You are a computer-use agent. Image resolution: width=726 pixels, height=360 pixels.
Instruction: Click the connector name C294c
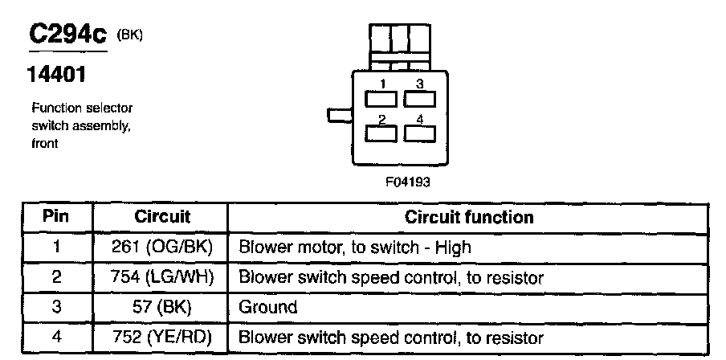pyautogui.click(x=68, y=35)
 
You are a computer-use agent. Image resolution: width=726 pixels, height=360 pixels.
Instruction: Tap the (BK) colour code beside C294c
pyautogui.click(x=129, y=35)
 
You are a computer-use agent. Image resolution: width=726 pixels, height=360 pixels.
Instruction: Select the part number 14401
pyautogui.click(x=56, y=74)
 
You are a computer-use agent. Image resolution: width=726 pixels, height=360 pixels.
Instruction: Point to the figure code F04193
pyautogui.click(x=408, y=181)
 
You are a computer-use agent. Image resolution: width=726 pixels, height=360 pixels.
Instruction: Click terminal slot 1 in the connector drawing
pyautogui.click(x=381, y=99)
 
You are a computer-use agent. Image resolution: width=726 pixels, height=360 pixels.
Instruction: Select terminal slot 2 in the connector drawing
pyautogui.click(x=381, y=134)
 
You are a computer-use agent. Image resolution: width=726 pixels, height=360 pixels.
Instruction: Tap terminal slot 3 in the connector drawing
pyautogui.click(x=419, y=99)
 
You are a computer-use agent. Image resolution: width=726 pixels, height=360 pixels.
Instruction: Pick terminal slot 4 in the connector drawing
pyautogui.click(x=419, y=134)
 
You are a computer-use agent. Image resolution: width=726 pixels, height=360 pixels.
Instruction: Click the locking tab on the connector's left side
pyautogui.click(x=340, y=115)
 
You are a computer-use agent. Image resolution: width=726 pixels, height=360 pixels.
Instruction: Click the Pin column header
pyautogui.click(x=55, y=216)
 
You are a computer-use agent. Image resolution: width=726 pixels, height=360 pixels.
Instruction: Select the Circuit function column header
pyautogui.click(x=469, y=217)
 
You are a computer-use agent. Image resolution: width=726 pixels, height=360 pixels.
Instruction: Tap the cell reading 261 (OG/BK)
pyautogui.click(x=162, y=247)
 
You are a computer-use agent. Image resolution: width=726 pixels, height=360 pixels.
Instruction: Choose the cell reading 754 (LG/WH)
pyautogui.click(x=162, y=277)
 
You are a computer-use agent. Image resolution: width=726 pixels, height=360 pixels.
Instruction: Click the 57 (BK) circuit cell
pyautogui.click(x=162, y=307)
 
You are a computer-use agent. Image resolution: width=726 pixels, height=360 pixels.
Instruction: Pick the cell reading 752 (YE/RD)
pyautogui.click(x=162, y=337)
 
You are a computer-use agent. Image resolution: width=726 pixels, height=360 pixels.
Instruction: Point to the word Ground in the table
pyautogui.click(x=267, y=307)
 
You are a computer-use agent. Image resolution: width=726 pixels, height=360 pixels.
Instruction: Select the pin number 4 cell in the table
pyautogui.click(x=56, y=337)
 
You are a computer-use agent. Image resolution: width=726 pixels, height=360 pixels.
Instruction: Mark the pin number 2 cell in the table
pyautogui.click(x=56, y=277)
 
